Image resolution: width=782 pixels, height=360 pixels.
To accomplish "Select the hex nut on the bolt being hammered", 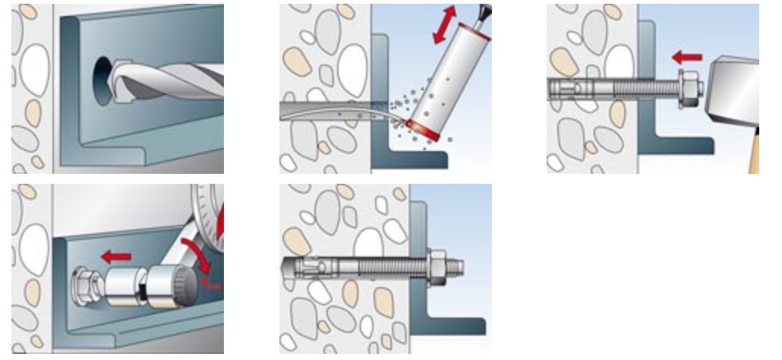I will tap(686, 87).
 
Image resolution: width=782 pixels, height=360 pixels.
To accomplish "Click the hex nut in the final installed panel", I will tap(438, 267).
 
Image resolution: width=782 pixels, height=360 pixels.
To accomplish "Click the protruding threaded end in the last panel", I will tap(457, 267).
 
